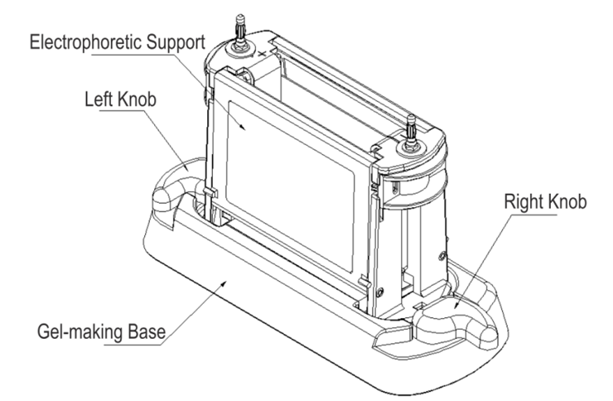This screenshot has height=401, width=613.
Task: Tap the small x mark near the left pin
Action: (x=264, y=53)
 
